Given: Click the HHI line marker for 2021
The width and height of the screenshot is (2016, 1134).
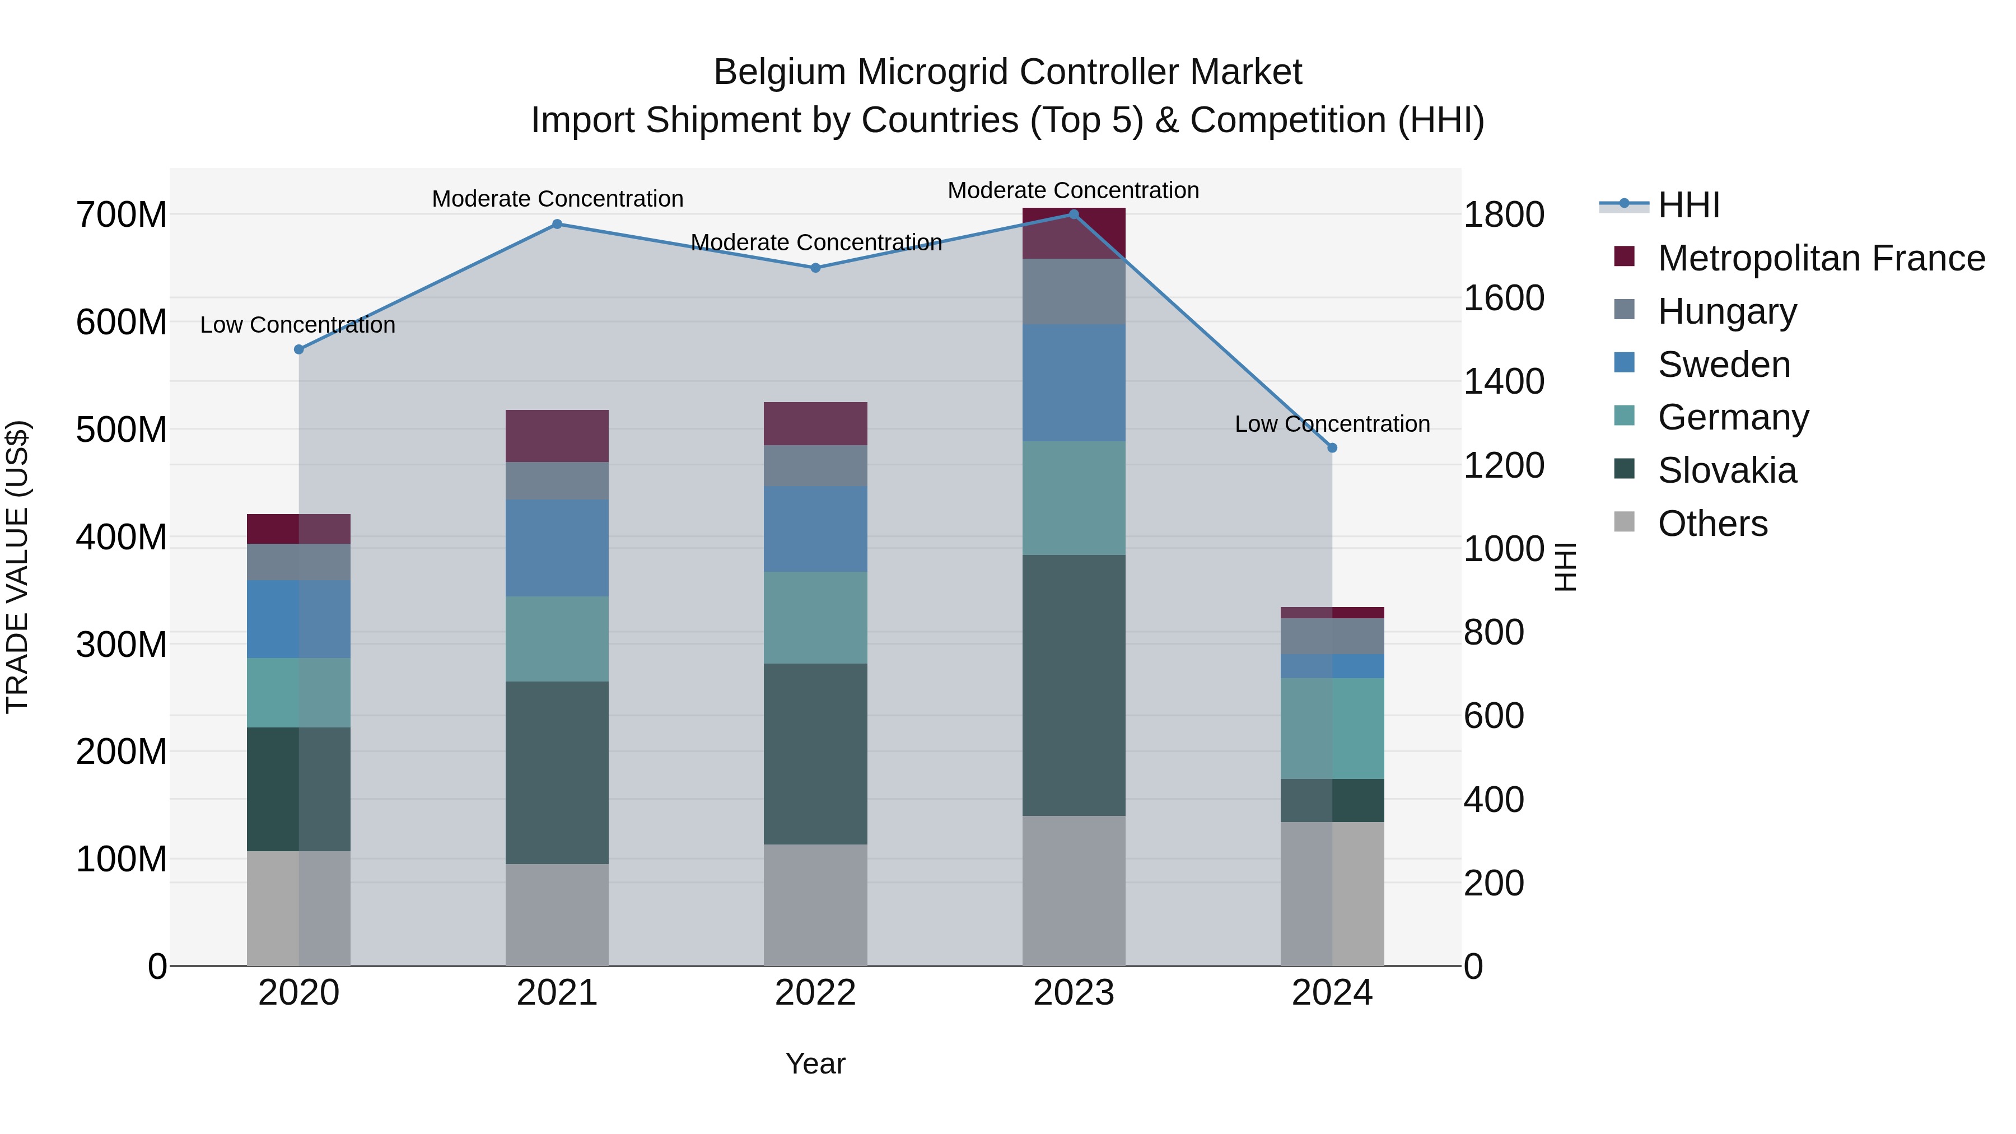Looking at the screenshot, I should [557, 224].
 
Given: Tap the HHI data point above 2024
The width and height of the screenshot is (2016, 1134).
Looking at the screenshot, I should [1332, 447].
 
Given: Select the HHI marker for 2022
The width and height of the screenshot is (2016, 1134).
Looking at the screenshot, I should [815, 268].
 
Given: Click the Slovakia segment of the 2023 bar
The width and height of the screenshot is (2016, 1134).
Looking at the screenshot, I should [1074, 685].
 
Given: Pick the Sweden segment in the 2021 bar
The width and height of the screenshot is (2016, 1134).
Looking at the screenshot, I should [557, 548].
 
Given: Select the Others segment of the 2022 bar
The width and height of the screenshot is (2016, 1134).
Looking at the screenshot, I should [815, 905].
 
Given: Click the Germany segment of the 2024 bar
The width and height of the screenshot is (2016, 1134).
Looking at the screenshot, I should [1332, 728].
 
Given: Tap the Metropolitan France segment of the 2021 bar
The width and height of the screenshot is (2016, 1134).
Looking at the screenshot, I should [557, 436].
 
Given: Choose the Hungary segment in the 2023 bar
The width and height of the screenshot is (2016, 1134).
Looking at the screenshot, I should [1074, 291].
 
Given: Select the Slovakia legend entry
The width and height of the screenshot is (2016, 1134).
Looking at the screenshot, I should [1726, 470].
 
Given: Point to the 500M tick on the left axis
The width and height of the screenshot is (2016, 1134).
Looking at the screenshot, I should [122, 430].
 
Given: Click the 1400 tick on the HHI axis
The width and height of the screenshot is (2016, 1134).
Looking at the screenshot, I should [1504, 382].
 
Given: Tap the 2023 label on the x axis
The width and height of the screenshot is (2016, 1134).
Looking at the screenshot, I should [1074, 993].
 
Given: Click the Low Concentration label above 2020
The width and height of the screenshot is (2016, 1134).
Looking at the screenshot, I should [297, 325].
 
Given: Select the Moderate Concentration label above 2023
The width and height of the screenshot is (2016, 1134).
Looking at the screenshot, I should [1073, 190].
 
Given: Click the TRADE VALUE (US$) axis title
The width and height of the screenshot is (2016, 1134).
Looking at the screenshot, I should [18, 567].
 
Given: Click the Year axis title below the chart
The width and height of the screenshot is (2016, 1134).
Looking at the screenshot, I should [815, 1063].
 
